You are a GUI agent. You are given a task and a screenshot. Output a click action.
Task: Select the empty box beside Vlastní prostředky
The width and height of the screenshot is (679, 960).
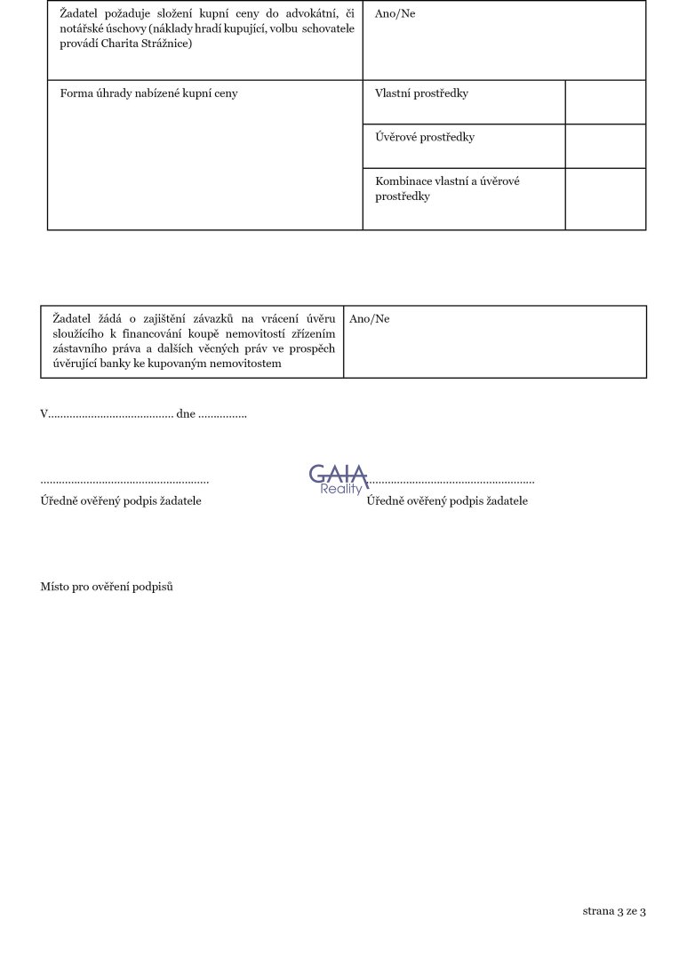[x=605, y=101]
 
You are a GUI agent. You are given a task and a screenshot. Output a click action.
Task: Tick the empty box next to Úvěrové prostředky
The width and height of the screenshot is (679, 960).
[x=605, y=146]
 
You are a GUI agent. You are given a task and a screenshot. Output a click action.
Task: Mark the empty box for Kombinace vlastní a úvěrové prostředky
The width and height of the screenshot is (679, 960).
[x=605, y=198]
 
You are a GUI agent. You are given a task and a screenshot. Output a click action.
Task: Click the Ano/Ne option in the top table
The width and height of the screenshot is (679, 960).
[x=395, y=14]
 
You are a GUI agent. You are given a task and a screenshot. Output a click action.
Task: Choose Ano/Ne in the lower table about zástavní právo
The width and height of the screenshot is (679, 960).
[x=369, y=319]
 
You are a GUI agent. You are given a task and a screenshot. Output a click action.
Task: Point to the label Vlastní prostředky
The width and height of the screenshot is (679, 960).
[x=421, y=93]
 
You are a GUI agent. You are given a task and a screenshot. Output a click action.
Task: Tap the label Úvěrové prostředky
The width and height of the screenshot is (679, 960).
[x=425, y=138]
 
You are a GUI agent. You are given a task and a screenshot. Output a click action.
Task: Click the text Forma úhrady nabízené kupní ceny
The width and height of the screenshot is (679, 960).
[x=148, y=93]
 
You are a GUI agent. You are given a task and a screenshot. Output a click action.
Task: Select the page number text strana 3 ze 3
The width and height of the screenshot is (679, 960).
[x=613, y=911]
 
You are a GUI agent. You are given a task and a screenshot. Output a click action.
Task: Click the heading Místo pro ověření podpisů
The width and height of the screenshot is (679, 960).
[x=107, y=587]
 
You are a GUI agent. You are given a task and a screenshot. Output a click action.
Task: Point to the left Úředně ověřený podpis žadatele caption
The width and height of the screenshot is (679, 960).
[x=121, y=501]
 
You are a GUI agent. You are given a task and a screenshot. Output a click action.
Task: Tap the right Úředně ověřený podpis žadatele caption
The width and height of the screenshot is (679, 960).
[x=447, y=501]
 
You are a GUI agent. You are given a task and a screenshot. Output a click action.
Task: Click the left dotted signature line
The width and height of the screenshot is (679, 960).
[x=124, y=481]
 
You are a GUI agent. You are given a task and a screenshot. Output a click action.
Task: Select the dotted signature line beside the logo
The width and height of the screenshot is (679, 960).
[x=451, y=480]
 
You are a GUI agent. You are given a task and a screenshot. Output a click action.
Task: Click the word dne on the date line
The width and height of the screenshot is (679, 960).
[x=185, y=414]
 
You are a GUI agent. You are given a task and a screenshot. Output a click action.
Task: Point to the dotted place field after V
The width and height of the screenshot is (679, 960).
[x=110, y=415]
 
